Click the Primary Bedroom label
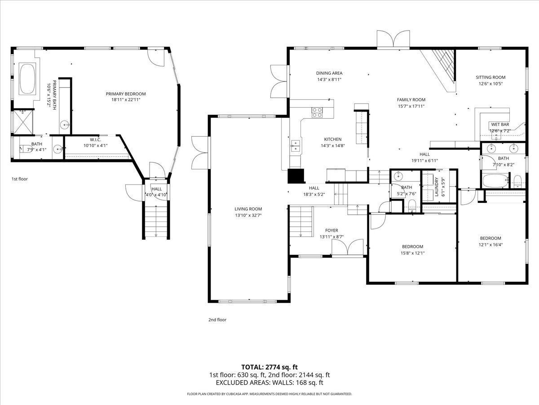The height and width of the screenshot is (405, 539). click(x=126, y=94)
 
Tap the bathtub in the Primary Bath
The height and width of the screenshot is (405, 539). click(x=28, y=79)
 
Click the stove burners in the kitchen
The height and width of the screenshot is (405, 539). click(x=317, y=112)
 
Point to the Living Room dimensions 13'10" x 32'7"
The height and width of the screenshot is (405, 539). click(x=248, y=215)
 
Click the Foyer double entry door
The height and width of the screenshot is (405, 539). click(x=347, y=247)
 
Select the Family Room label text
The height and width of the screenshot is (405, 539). click(x=411, y=100)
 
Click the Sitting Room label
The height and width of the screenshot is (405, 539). click(x=490, y=77)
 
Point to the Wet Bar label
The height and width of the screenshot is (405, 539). click(x=499, y=125)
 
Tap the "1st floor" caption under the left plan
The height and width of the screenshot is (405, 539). click(x=20, y=179)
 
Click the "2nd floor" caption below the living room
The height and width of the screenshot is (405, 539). click(x=217, y=320)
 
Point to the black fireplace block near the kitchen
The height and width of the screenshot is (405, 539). click(x=296, y=176)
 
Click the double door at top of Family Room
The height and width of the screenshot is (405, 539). click(x=393, y=40)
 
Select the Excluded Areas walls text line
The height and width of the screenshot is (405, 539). click(x=269, y=382)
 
